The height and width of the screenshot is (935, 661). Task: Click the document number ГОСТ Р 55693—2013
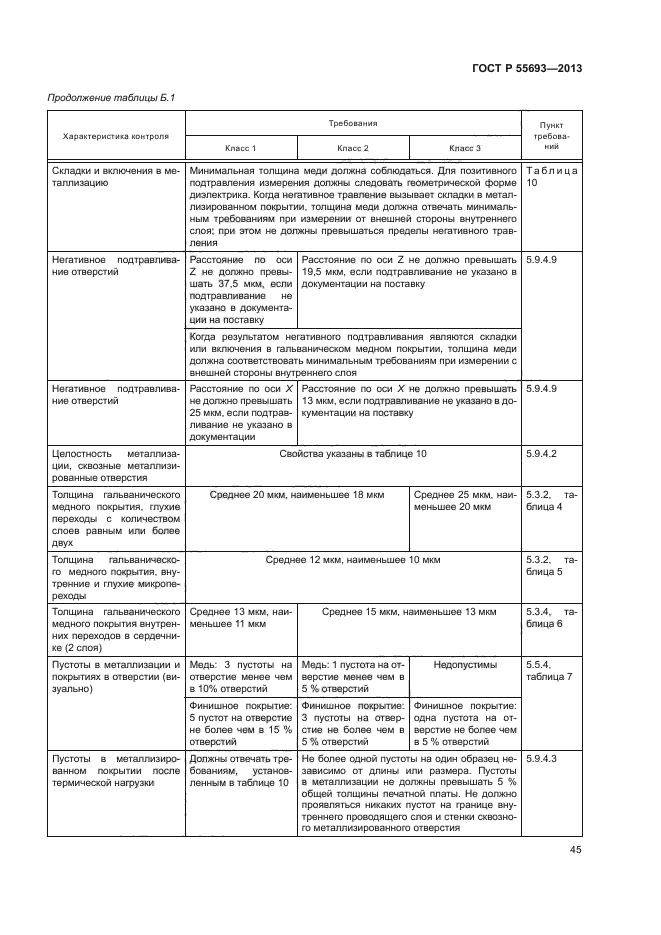point(526,68)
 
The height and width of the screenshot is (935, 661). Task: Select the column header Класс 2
point(353,148)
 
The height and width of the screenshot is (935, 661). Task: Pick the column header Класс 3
point(465,148)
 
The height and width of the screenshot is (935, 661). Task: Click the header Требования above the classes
point(352,123)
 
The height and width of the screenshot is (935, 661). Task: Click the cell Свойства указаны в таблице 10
point(353,454)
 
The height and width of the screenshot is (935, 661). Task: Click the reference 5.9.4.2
point(541,454)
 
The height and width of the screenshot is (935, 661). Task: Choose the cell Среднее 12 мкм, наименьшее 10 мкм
point(353,560)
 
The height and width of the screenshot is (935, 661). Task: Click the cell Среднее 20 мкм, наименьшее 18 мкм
point(297,495)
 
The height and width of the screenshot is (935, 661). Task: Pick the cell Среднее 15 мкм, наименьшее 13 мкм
point(409,611)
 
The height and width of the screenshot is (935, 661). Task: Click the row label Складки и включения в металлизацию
point(115,178)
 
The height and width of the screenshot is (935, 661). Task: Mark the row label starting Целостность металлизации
point(115,466)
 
